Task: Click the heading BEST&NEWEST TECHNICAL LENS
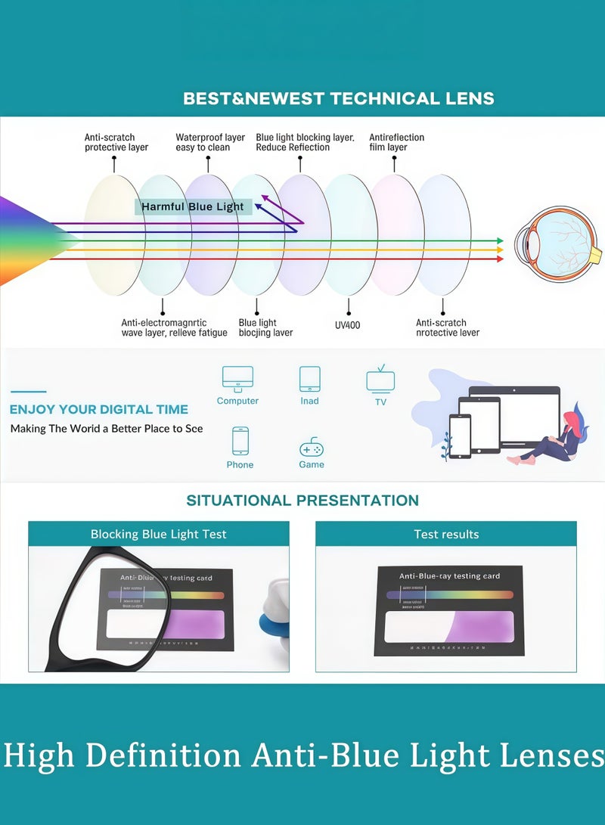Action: (339, 98)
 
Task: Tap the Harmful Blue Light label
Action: (193, 206)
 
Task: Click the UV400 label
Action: (349, 324)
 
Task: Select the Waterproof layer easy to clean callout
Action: (210, 142)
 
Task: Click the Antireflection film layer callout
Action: (396, 142)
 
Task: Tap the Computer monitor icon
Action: (237, 378)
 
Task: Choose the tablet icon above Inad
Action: (310, 378)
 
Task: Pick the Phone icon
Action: (240, 440)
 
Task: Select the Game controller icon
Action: (312, 446)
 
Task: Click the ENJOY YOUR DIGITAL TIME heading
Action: (99, 409)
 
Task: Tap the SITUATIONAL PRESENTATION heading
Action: (302, 501)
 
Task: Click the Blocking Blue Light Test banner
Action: (159, 534)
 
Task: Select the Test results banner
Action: (446, 534)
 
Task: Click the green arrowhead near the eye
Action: (499, 240)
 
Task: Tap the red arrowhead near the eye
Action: (499, 259)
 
